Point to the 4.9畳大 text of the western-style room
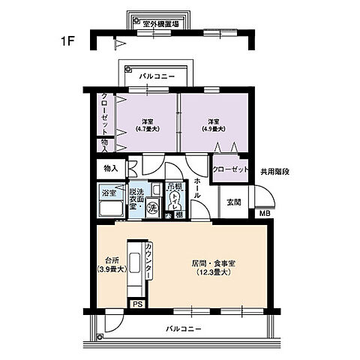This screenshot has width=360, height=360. click(x=214, y=129)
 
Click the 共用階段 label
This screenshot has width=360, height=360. click(x=275, y=172)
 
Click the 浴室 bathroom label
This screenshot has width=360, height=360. click(x=109, y=193)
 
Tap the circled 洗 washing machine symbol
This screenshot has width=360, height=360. click(x=152, y=206)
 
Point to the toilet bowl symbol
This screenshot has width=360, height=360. click(x=175, y=200)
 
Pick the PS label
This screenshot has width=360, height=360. click(x=137, y=304)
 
